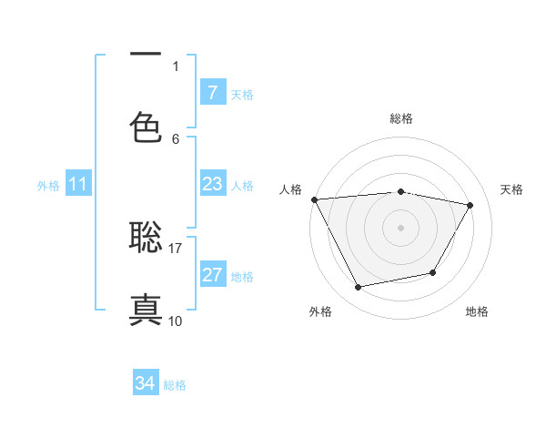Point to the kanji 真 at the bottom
coord(146,308)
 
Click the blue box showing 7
coord(212,93)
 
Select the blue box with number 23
coord(212,185)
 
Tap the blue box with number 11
coord(77,185)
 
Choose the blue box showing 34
coord(146,383)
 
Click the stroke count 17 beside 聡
coord(176,248)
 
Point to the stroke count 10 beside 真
coord(176,321)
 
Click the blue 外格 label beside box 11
coord(48,186)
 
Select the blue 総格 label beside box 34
coord(175,385)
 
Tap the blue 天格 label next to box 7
coord(242,94)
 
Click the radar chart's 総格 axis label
coord(400,118)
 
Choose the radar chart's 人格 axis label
coord(292,189)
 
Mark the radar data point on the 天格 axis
coord(470,206)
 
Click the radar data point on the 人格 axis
coord(314,199)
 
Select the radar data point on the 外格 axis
coord(358,288)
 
